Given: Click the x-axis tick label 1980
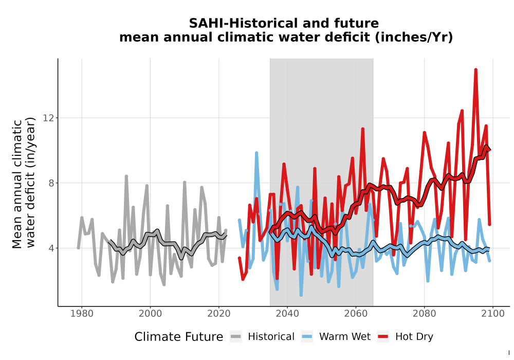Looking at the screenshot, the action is tap(82, 314).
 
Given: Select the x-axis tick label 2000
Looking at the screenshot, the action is tap(150, 314).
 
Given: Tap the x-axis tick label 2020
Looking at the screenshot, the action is tap(218, 314).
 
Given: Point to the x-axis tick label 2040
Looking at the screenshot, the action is tap(287, 314).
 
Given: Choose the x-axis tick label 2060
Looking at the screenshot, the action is tap(356, 314).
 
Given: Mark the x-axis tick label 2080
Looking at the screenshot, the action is tap(424, 314).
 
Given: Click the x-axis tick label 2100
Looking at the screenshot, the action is tap(493, 314).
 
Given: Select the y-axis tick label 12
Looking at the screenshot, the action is tap(48, 118).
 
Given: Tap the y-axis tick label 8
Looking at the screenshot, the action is tap(51, 183).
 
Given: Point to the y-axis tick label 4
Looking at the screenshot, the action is tap(51, 248).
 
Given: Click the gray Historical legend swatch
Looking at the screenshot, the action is tap(235, 337).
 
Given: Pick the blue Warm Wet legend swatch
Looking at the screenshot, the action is tap(307, 337).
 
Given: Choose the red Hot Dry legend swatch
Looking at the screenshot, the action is tap(383, 337).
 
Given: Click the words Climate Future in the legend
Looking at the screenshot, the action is tap(179, 337).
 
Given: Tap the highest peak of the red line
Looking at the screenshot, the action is tap(475, 69).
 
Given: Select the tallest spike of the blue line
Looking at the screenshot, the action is tap(256, 153).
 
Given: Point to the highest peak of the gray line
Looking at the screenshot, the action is tap(126, 176).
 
